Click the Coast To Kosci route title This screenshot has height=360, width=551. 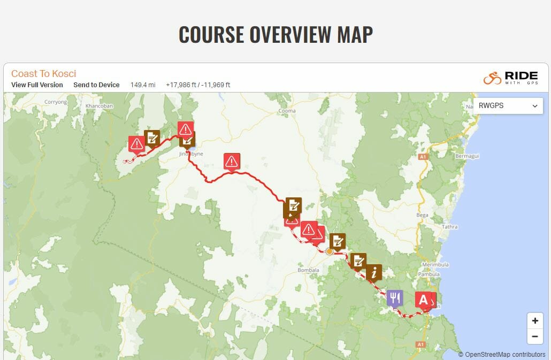(x=43, y=74)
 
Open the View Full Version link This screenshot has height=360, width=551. (x=37, y=85)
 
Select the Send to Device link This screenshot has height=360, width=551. (x=96, y=85)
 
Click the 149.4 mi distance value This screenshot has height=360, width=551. (x=143, y=85)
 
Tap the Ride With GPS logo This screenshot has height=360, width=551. (x=510, y=78)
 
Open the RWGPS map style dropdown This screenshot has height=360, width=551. (x=508, y=106)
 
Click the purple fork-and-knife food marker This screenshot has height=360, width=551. (x=395, y=297)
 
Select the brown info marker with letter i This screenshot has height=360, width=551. (x=374, y=272)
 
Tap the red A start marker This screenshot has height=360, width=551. (x=423, y=300)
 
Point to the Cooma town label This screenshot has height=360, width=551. (x=287, y=111)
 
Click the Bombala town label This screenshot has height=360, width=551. (x=308, y=270)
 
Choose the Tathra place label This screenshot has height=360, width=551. (x=449, y=227)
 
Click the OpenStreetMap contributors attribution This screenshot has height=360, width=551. (x=501, y=354)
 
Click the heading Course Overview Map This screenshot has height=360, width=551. (x=275, y=34)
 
